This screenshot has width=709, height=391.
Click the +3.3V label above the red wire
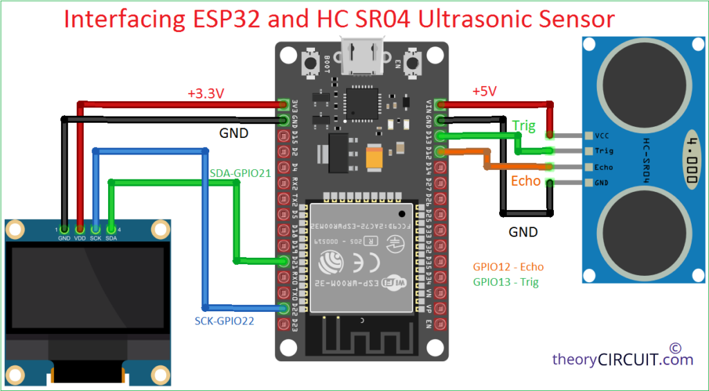[x=206, y=93]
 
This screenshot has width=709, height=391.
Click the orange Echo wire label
[x=526, y=181]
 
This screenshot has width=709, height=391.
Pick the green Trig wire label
[x=523, y=125]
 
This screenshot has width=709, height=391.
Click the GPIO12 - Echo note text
[x=508, y=266]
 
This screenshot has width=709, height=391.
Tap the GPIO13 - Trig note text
[x=506, y=281]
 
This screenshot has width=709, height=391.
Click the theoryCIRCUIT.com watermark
[x=622, y=359]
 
